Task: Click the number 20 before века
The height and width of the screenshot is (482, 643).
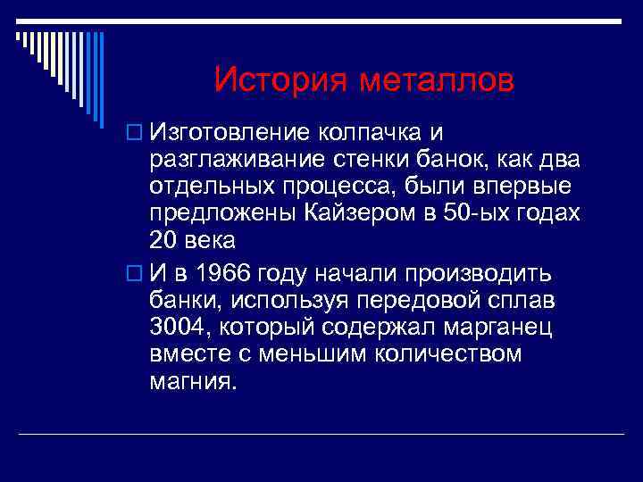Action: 166,240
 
